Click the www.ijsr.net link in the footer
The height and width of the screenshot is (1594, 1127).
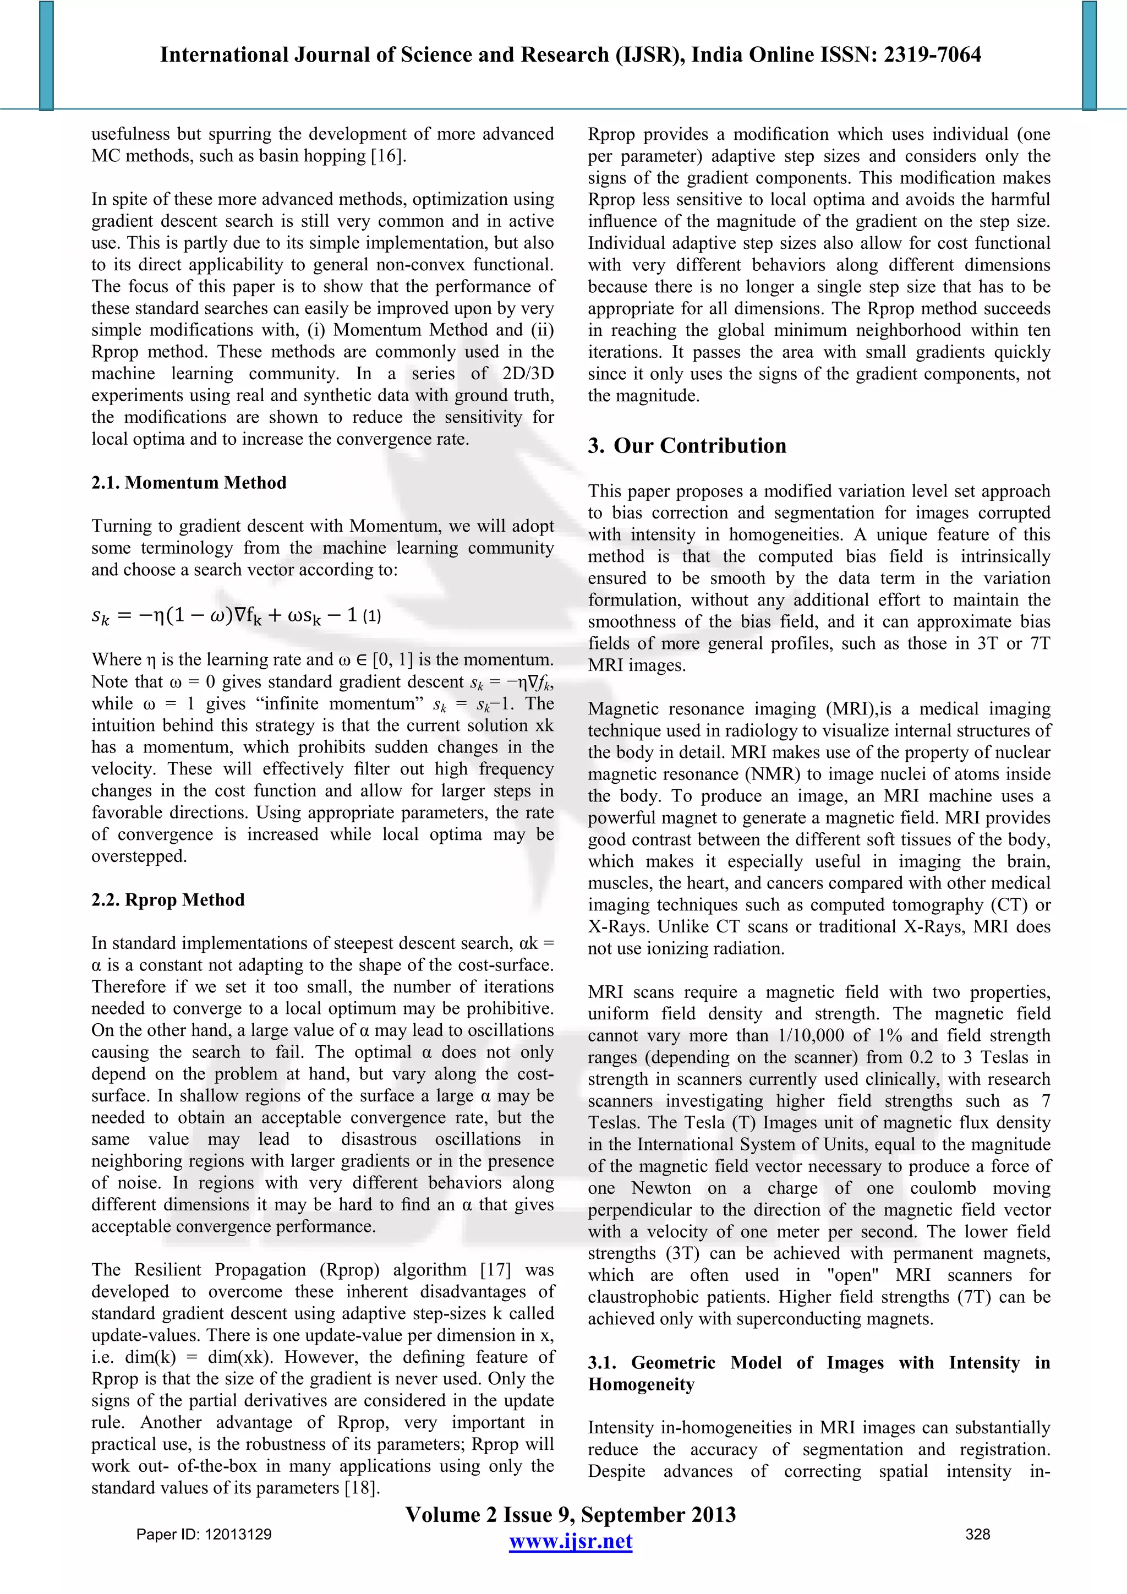click(571, 1542)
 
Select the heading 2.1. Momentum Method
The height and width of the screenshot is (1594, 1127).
click(189, 483)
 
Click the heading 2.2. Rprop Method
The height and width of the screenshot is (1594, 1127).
click(168, 900)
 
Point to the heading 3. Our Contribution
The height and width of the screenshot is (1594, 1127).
click(687, 446)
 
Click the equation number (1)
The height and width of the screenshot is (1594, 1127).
click(372, 616)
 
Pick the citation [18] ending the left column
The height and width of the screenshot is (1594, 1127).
click(361, 1488)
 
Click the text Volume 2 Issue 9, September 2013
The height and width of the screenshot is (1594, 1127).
click(571, 1514)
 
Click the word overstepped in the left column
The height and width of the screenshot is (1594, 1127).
click(139, 856)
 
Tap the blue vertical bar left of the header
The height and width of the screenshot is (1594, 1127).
click(46, 56)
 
